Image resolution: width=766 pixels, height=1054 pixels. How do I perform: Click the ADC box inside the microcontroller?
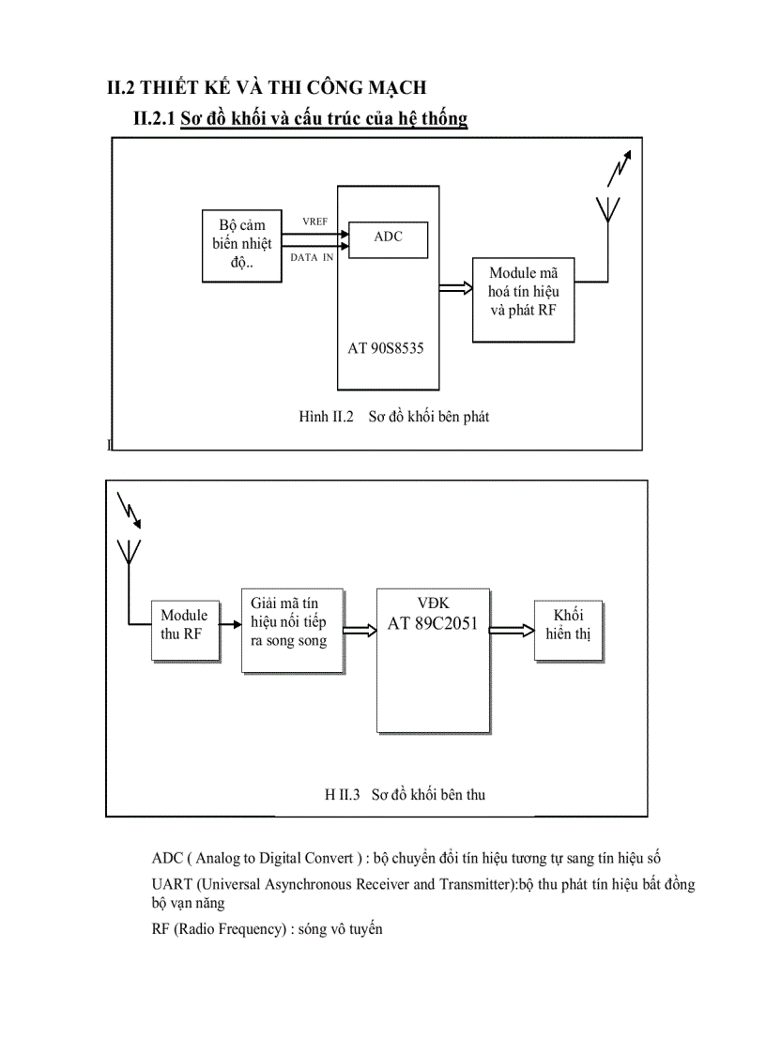[388, 238]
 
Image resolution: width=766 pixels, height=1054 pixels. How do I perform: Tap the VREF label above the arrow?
[314, 221]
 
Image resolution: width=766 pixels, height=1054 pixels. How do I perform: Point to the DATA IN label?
[311, 257]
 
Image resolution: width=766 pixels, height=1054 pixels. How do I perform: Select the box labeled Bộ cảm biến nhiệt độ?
[242, 245]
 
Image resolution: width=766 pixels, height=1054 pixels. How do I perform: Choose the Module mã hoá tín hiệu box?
[524, 298]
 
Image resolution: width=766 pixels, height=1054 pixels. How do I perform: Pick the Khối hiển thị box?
[568, 632]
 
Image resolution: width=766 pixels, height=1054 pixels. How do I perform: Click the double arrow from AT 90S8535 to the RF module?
[455, 290]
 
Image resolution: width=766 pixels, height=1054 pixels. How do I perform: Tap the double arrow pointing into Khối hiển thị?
[513, 630]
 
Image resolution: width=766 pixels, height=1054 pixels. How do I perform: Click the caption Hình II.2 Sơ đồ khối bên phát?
[393, 417]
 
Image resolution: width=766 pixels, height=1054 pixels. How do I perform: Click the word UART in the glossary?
[170, 884]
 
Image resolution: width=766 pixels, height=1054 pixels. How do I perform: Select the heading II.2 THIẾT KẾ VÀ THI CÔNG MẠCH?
[267, 87]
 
